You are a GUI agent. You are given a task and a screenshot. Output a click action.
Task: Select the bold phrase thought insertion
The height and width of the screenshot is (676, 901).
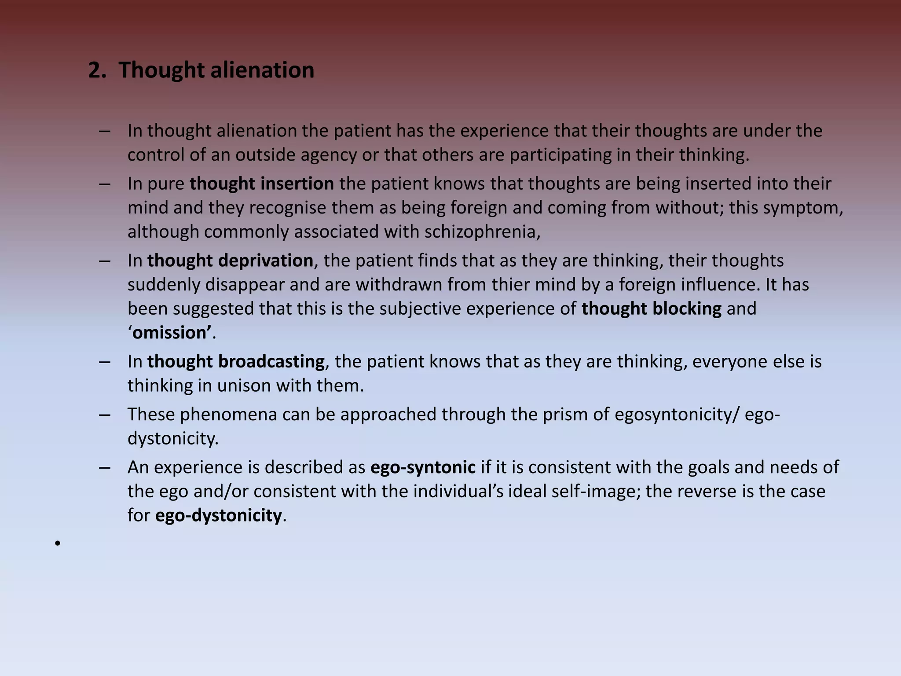click(x=262, y=184)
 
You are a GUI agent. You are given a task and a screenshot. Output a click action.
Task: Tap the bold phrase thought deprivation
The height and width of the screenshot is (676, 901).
click(x=230, y=261)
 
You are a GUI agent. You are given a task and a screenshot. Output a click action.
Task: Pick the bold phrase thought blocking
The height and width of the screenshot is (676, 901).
click(x=651, y=309)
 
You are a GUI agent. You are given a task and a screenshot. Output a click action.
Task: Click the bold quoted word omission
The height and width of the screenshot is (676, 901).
click(x=169, y=333)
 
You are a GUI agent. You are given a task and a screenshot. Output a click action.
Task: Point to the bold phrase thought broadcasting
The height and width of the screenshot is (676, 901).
click(x=236, y=361)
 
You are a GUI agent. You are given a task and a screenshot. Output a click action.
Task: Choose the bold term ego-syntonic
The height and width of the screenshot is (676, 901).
click(x=423, y=467)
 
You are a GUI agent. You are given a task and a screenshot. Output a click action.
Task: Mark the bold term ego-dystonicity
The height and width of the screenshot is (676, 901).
click(x=218, y=515)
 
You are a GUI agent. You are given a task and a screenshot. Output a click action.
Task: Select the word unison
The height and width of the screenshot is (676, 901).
click(x=244, y=386)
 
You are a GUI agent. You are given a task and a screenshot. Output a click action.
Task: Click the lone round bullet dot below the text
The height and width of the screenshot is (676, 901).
click(x=57, y=544)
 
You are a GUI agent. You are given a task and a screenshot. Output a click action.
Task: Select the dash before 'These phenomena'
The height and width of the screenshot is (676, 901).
click(x=105, y=414)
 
